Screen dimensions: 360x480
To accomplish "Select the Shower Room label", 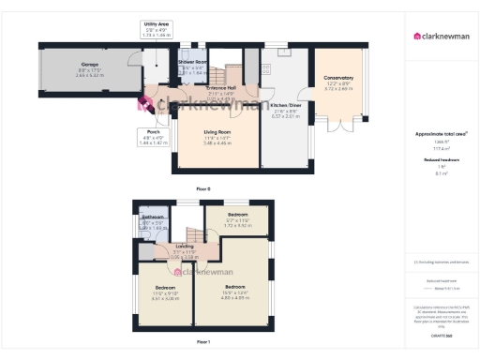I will [x=192, y=62].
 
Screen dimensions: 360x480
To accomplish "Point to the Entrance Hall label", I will [x=221, y=88].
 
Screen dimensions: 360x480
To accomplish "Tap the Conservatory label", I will [x=338, y=78].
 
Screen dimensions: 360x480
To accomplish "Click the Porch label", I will [x=152, y=132].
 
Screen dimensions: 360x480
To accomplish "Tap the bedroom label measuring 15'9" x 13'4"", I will [x=233, y=286].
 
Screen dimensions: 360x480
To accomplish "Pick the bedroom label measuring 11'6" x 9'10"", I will [x=164, y=287].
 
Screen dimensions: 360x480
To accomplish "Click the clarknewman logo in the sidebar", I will [x=442, y=37].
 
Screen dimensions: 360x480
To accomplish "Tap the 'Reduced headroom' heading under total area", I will [x=441, y=160].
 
